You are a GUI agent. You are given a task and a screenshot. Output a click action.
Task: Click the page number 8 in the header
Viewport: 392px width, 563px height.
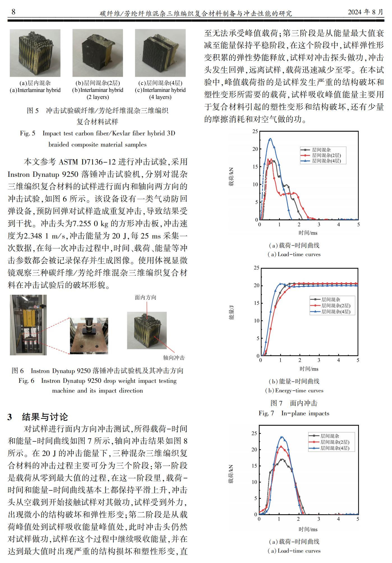tap(13, 12)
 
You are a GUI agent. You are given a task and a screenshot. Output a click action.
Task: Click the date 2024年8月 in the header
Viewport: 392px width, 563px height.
tap(365, 12)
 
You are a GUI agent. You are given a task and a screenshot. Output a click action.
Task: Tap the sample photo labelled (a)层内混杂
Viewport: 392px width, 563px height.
tap(35, 53)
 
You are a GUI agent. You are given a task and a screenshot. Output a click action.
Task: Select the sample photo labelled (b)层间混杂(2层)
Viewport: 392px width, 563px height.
tap(98, 53)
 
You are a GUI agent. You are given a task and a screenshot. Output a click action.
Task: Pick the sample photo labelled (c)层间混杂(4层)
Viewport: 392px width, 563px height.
tap(160, 53)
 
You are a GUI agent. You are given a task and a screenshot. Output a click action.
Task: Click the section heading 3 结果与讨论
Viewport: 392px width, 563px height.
tap(38, 417)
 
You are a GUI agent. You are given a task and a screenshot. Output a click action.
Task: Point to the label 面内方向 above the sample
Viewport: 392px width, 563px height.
tap(145, 297)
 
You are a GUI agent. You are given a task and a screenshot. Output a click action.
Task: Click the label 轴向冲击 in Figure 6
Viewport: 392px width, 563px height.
tap(174, 358)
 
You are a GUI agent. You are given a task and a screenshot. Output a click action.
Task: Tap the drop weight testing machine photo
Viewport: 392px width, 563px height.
tap(28, 325)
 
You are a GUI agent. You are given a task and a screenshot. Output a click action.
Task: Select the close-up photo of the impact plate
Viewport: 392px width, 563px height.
tap(89, 336)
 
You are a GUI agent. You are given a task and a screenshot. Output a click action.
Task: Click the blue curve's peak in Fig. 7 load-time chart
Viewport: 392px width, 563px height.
tap(270, 138)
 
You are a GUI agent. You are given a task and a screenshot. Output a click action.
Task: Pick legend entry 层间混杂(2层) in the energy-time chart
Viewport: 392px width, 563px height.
tap(335, 305)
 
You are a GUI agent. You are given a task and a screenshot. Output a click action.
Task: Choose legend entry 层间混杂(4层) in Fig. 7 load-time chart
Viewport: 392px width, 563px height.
tap(326, 161)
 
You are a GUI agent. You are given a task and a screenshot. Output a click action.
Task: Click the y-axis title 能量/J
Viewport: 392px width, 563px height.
tap(231, 312)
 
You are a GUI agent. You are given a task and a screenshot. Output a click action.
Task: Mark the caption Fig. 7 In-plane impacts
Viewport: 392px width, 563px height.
tap(294, 413)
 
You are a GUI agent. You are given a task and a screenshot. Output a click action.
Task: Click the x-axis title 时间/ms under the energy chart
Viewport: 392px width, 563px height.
tap(309, 369)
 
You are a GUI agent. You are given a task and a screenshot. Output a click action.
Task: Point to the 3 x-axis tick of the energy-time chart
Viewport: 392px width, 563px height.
tap(319, 360)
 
